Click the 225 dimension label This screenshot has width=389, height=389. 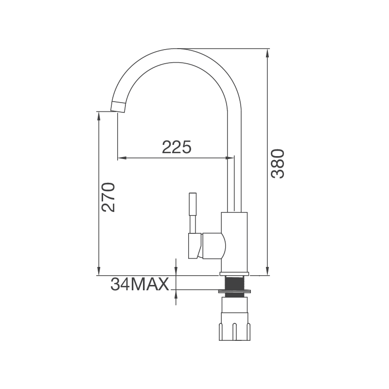(x=177, y=147)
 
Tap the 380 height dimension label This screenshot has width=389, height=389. (x=278, y=163)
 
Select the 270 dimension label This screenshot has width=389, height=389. (x=108, y=197)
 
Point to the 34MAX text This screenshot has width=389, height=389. (x=140, y=284)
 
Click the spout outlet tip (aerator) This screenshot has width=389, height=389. (x=118, y=106)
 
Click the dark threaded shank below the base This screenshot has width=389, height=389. (x=234, y=283)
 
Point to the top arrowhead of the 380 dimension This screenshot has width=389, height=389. (x=267, y=53)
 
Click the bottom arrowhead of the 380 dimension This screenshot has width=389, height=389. (x=267, y=271)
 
